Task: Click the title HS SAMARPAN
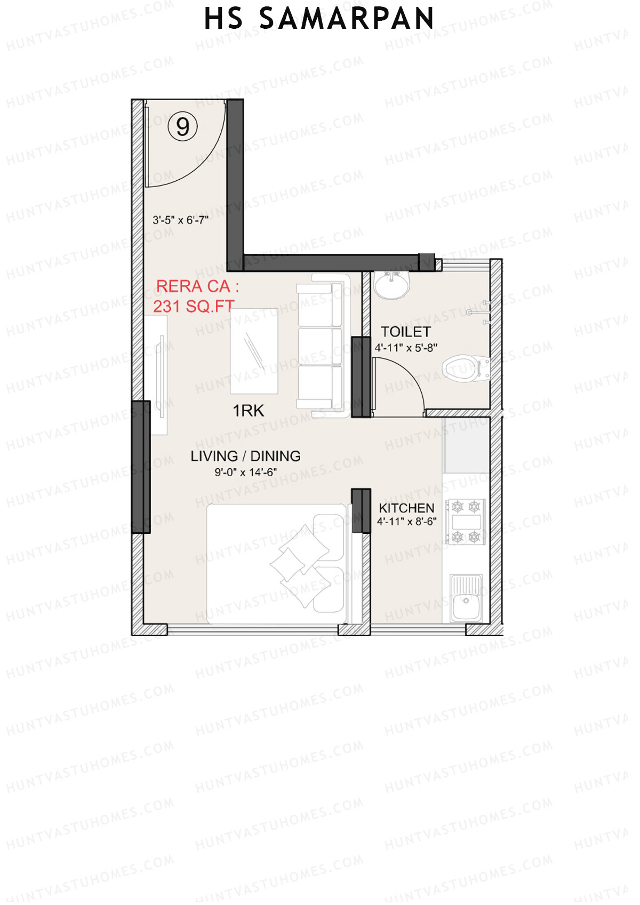[x=319, y=19]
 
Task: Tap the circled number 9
[x=183, y=127]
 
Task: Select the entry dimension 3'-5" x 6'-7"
[x=180, y=220]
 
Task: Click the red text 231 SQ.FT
[x=194, y=306]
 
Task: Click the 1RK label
[x=248, y=411]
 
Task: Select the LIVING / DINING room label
[x=245, y=456]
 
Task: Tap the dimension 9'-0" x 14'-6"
[x=245, y=472]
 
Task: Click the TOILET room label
[x=405, y=332]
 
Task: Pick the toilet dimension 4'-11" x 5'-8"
[x=406, y=348]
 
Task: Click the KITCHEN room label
[x=406, y=508]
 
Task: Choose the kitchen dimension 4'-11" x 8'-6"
[x=406, y=522]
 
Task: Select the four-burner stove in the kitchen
[x=466, y=522]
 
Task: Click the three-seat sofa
[x=320, y=346]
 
